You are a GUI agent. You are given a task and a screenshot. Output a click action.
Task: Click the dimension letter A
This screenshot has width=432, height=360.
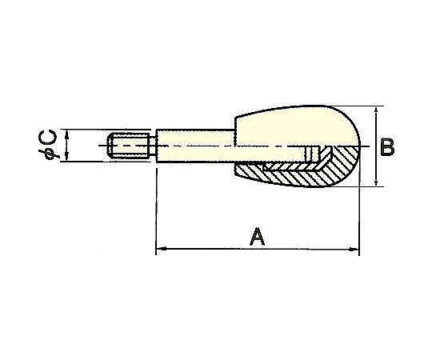pyautogui.click(x=257, y=237)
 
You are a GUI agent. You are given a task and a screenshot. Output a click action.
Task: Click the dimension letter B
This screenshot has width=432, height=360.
pyautogui.click(x=387, y=148)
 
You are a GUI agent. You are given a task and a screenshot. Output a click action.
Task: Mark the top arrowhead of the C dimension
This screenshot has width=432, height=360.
pyautogui.click(x=68, y=134)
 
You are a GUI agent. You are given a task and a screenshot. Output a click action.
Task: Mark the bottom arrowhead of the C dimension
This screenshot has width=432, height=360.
pyautogui.click(x=68, y=159)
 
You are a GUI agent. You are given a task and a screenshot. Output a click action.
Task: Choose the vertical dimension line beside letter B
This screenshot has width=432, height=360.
pyautogui.click(x=375, y=147)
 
